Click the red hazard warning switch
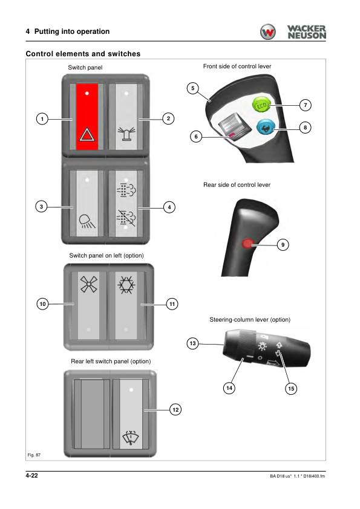(x=87, y=117)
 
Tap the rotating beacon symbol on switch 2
(x=126, y=134)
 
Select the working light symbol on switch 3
(x=87, y=221)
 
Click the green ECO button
(x=261, y=105)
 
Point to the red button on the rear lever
(x=247, y=243)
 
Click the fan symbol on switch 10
(x=89, y=284)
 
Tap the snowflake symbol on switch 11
(x=126, y=285)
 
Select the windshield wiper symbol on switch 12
(x=130, y=438)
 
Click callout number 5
(x=192, y=88)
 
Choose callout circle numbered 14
(x=229, y=388)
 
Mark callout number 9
(x=283, y=244)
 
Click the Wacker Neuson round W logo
(x=267, y=32)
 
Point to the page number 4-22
(x=32, y=476)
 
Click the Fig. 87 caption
(x=34, y=455)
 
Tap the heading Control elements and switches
(x=83, y=54)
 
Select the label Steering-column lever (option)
(x=250, y=319)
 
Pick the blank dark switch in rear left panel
(x=93, y=414)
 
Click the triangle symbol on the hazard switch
(x=87, y=134)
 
